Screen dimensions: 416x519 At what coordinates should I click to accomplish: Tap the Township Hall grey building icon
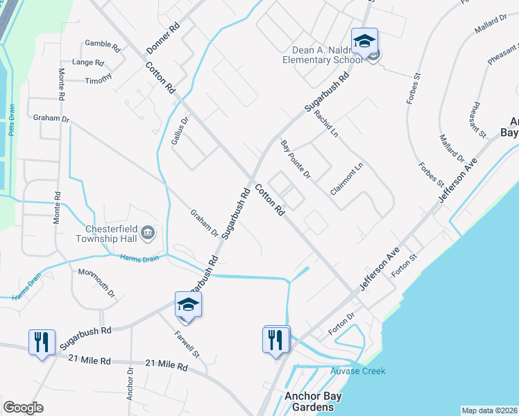(148, 232)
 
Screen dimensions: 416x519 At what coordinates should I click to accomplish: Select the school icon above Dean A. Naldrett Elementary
(364, 42)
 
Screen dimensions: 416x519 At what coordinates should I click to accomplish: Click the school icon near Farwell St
(188, 305)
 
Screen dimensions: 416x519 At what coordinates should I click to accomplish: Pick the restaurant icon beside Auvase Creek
(276, 340)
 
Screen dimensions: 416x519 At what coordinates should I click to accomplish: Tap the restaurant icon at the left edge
(41, 342)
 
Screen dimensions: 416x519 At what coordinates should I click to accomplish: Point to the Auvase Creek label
(356, 371)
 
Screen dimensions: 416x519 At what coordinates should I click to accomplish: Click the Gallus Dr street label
(180, 130)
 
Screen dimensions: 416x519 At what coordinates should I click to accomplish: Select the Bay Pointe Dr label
(296, 159)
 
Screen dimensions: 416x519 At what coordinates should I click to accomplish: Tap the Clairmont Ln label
(347, 178)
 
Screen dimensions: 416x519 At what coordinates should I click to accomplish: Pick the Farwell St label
(187, 345)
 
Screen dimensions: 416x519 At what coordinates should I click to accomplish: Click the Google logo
(23, 407)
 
